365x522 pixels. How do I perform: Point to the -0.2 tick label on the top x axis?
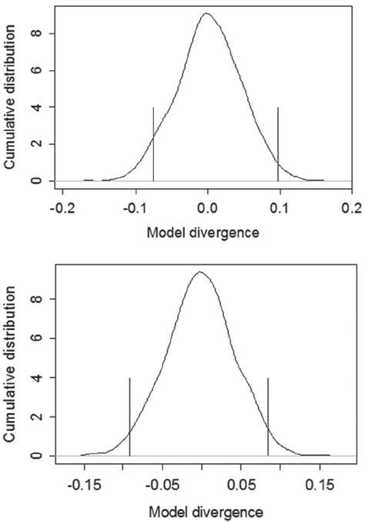pyautogui.click(x=63, y=208)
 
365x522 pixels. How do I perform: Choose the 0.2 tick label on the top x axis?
pyautogui.click(x=351, y=208)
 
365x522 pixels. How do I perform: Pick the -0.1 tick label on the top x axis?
pyautogui.click(x=136, y=208)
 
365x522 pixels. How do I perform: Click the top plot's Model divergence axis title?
pyautogui.click(x=206, y=231)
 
